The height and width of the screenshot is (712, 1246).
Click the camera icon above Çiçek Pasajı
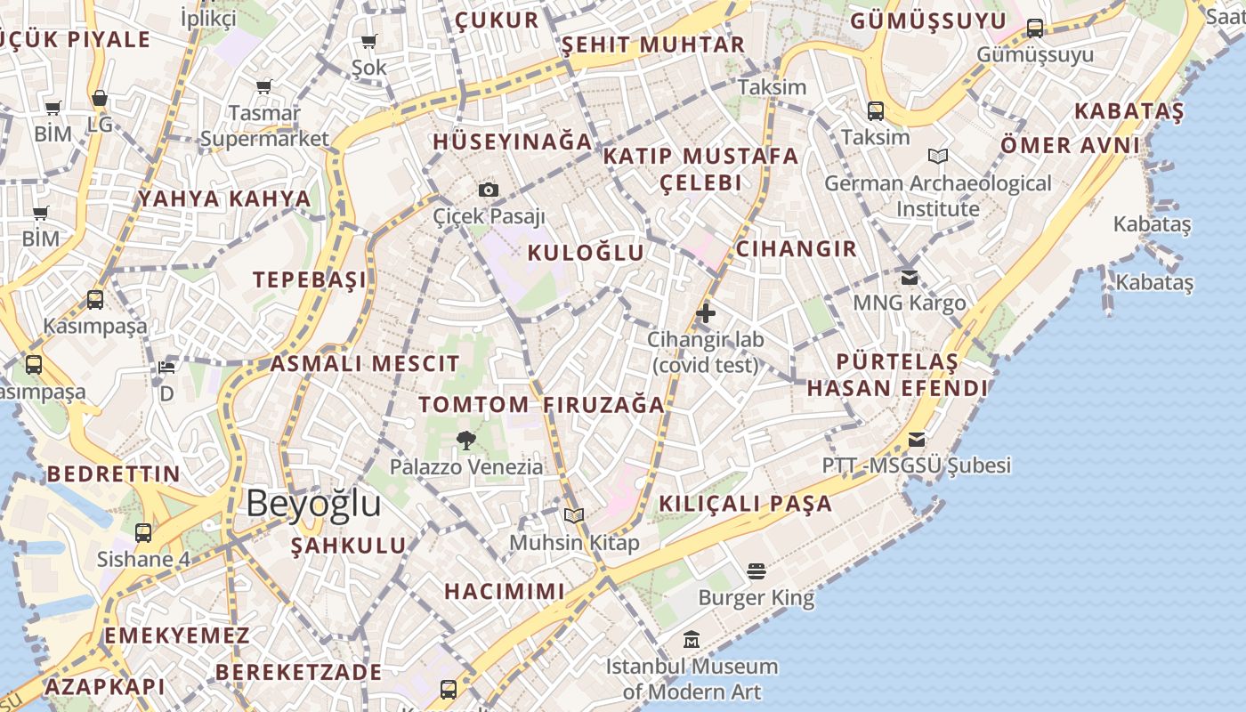click(488, 190)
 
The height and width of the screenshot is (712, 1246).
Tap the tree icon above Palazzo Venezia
click(465, 440)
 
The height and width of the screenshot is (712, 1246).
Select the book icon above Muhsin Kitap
click(574, 515)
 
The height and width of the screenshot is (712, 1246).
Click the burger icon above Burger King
click(756, 570)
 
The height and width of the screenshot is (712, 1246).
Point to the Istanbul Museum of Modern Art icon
click(692, 640)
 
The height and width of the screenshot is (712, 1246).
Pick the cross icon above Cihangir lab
click(706, 313)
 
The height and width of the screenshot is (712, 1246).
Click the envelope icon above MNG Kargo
click(910, 278)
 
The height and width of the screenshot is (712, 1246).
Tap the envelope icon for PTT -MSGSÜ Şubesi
click(917, 440)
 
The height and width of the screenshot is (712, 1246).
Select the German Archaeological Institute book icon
click(937, 157)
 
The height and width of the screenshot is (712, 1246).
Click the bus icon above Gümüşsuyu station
click(1035, 28)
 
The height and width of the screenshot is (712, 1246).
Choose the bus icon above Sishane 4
click(143, 533)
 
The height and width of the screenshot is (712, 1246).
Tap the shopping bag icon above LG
click(100, 99)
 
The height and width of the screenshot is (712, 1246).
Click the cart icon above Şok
click(368, 41)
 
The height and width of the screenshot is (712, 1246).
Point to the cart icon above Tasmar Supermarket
click(263, 87)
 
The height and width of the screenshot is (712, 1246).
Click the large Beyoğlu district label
click(313, 504)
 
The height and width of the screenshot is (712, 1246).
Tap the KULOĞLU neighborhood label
click(586, 253)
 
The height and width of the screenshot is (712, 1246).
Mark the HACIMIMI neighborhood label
click(504, 592)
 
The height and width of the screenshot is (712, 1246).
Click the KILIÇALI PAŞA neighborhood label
click(746, 504)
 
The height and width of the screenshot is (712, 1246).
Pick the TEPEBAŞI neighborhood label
click(310, 279)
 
